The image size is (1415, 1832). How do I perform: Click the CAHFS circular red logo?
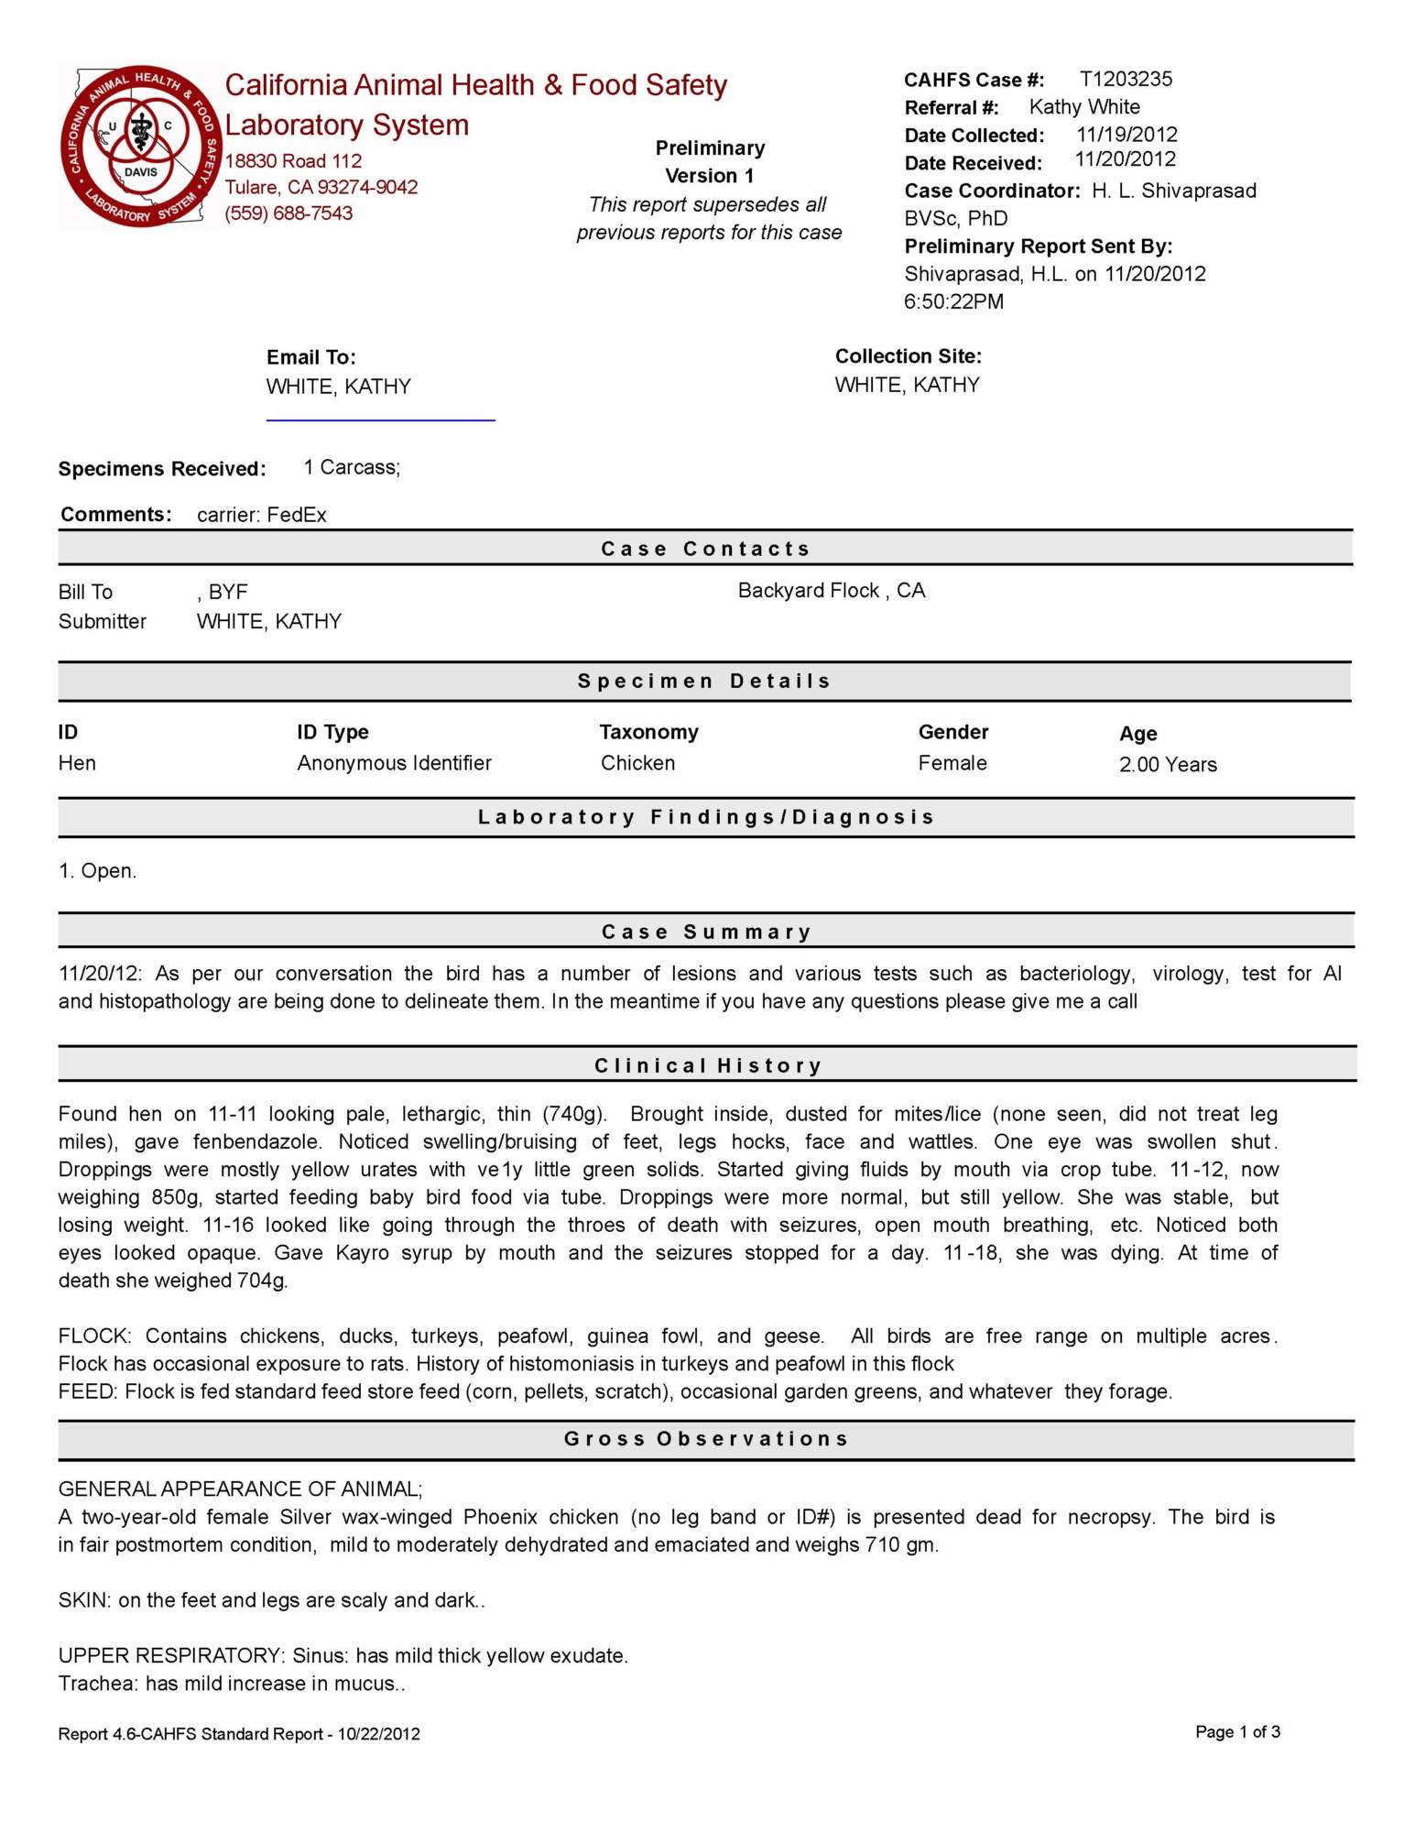click(140, 147)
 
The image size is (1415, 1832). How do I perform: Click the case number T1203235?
click(1126, 80)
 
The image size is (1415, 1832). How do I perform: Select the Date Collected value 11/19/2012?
click(1127, 135)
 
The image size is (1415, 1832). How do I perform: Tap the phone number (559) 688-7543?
click(288, 213)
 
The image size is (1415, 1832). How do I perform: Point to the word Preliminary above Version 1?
click(710, 148)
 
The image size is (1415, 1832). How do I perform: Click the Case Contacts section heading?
click(706, 549)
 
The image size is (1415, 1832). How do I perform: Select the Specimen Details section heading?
click(704, 682)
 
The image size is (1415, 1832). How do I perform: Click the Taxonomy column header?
click(648, 732)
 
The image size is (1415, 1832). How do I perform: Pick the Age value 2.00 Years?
click(1168, 765)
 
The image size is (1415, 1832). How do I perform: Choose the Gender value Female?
click(952, 763)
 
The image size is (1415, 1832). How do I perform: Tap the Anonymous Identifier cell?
click(394, 763)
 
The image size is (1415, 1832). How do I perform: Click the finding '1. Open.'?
click(98, 871)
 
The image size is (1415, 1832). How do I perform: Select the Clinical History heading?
click(708, 1066)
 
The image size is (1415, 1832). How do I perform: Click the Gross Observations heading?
click(706, 1439)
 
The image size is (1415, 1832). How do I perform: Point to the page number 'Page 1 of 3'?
click(1237, 1732)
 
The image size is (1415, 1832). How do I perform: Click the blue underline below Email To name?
click(380, 420)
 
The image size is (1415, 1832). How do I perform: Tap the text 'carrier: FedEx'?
click(262, 515)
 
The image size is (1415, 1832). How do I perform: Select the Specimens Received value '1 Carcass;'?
click(352, 468)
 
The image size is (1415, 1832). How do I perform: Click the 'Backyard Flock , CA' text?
click(832, 591)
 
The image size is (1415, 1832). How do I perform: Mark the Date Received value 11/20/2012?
click(1125, 160)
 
